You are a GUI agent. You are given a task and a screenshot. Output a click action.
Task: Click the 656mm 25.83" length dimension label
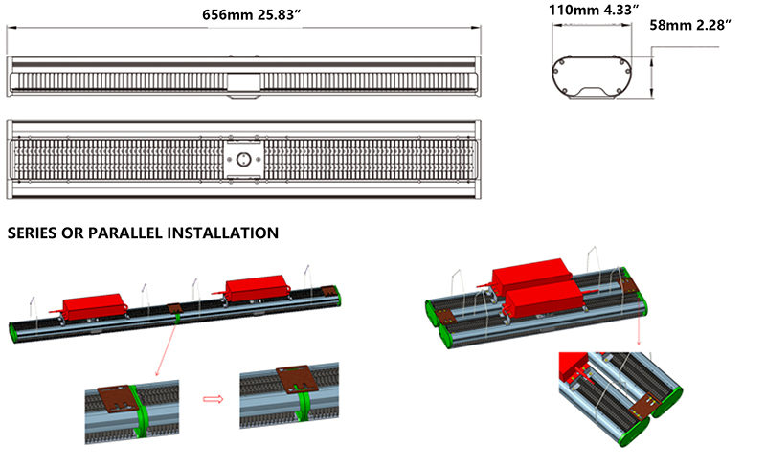point(251,14)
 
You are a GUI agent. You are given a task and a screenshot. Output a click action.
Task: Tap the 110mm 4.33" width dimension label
point(594,11)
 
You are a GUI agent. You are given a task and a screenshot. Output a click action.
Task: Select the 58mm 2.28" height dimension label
point(690,25)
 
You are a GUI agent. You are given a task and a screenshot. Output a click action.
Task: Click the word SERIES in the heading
point(32,233)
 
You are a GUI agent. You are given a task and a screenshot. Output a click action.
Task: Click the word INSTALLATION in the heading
point(223,233)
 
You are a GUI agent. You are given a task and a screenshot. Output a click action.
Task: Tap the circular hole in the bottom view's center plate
point(243,159)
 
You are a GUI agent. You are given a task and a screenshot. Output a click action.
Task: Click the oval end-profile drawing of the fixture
point(592,78)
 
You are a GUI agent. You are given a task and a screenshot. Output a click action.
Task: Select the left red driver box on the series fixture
point(92,307)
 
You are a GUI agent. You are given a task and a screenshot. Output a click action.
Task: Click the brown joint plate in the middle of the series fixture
point(174,309)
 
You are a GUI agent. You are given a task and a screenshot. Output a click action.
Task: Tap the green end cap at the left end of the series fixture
point(13,333)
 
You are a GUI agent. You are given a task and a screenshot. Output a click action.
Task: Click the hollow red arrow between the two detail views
point(213,399)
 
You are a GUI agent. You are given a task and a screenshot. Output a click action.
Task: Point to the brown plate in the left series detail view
point(118,399)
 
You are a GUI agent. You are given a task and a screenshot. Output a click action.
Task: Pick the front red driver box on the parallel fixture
point(544,298)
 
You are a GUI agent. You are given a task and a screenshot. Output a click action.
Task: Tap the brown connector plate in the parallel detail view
point(644,405)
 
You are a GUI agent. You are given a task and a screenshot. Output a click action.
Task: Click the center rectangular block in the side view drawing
point(243,82)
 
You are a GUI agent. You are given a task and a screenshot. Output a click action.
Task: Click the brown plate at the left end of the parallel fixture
point(445,317)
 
